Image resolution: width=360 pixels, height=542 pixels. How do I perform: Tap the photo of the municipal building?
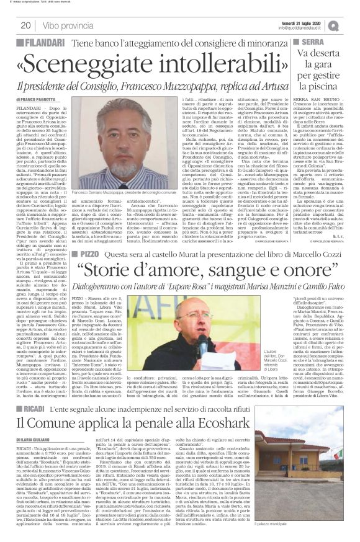(x=317, y=484)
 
